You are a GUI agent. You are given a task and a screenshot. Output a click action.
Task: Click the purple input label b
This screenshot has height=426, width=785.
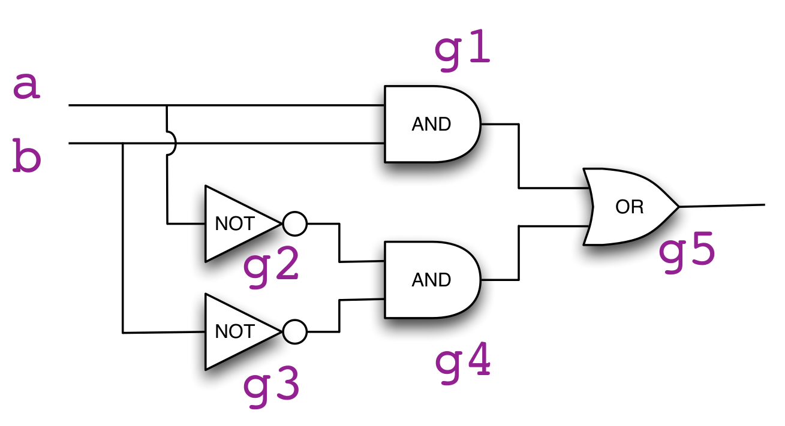27,159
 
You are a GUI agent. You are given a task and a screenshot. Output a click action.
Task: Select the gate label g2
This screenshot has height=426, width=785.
271,266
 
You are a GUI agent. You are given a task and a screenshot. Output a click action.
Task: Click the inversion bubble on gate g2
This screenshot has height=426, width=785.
294,223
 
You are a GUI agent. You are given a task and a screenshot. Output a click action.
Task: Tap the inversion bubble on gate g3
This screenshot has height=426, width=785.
294,331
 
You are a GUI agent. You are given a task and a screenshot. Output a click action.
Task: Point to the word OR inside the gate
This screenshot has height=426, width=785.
629,207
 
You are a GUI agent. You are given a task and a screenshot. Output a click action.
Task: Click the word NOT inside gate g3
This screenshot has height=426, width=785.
234,331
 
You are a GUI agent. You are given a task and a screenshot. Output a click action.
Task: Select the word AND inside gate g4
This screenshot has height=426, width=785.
431,280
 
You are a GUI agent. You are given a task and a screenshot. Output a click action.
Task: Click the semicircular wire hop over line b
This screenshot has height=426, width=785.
173,144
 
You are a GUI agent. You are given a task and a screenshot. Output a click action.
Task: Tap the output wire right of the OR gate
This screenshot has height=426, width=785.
723,206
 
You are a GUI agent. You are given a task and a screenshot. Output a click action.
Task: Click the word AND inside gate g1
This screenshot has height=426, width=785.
431,124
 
